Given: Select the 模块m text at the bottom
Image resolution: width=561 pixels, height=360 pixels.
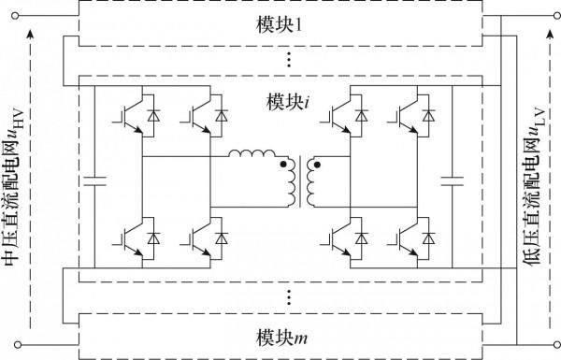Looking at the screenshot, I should [279, 335].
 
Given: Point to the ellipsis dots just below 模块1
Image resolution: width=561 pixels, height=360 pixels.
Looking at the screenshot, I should [290, 59].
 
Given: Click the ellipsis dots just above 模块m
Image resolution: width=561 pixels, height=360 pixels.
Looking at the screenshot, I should [290, 298].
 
